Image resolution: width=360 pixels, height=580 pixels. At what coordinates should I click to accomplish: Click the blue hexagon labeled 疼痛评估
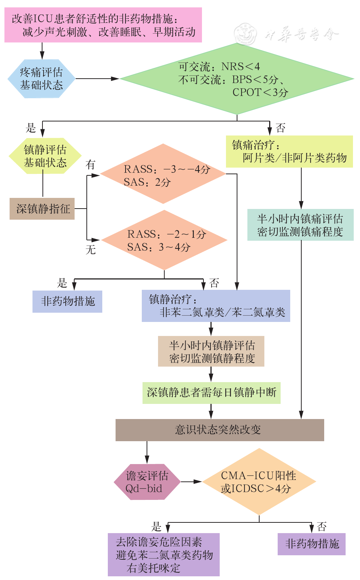[x=41, y=79]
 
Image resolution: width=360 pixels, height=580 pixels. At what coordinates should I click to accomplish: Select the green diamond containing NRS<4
[x=236, y=79]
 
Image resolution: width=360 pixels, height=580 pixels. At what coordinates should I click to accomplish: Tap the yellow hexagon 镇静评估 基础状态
[x=45, y=156]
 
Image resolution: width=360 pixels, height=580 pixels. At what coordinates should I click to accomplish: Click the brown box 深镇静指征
[x=42, y=209]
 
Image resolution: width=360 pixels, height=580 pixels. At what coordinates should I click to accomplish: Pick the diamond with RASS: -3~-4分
[x=163, y=174]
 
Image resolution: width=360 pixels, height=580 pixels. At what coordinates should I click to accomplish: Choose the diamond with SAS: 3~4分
[x=164, y=240]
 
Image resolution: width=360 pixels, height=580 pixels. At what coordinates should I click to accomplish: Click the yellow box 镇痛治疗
[x=289, y=151]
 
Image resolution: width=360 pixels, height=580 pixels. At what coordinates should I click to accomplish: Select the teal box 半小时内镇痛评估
[x=300, y=225]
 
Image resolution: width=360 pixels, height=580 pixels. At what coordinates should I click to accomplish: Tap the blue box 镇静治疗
[x=216, y=306]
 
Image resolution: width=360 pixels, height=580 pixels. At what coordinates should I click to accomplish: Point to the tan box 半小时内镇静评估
[x=211, y=351]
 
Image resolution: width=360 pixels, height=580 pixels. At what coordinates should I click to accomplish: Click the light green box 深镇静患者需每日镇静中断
[x=211, y=392]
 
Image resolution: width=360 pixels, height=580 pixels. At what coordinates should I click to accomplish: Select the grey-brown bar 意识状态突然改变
[x=219, y=430]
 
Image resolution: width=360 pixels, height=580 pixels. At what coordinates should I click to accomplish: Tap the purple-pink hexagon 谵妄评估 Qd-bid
[x=147, y=482]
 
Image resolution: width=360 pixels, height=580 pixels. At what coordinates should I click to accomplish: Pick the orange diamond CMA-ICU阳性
[x=259, y=481]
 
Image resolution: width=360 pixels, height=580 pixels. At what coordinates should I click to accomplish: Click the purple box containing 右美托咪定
[x=164, y=555]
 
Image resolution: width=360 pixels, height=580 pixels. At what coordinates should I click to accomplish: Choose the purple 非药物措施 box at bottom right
[x=311, y=544]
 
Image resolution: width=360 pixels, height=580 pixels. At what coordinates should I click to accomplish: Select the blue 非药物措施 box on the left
[x=67, y=301]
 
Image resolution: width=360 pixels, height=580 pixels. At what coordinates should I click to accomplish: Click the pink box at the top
[x=103, y=25]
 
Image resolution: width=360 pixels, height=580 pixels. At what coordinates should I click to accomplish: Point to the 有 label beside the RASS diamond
[x=90, y=165]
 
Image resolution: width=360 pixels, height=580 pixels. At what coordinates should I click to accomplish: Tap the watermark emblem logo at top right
[x=246, y=34]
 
